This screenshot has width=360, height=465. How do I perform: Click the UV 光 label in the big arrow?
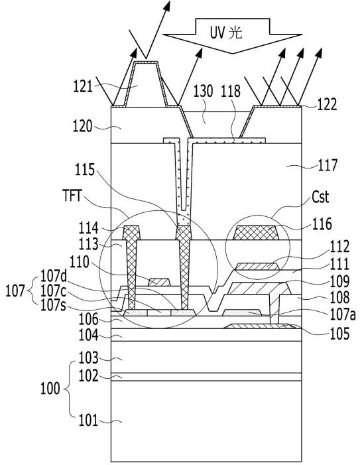[226, 33]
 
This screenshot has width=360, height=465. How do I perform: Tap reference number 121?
[83, 87]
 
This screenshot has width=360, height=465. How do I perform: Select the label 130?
[204, 91]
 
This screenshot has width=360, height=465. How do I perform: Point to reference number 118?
[231, 91]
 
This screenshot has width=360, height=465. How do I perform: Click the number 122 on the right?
[327, 105]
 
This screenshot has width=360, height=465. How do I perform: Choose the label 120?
[82, 127]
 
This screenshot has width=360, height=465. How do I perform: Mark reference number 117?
[328, 165]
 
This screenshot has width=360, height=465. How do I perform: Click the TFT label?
[72, 196]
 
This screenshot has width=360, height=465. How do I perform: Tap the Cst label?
[320, 197]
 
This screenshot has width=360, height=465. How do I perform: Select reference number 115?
[85, 170]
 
